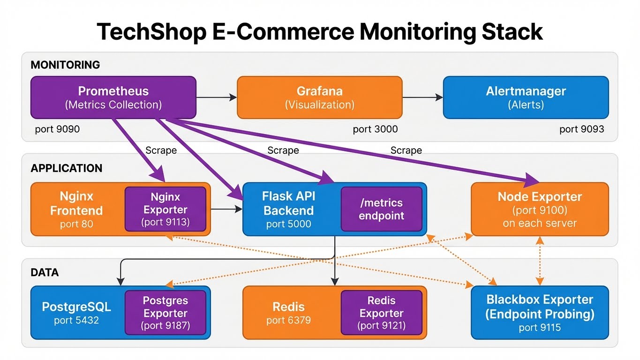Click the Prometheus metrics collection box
coord(113,97)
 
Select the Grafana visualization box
coord(319,97)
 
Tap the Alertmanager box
coord(526,97)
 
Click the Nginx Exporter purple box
coord(165,209)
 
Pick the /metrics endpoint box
coord(381,209)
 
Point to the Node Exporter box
coord(539,209)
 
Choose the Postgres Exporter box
coord(165,313)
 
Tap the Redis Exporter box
coord(381,313)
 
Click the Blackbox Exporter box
coord(539,313)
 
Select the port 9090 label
coord(57,129)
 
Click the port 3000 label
coord(375,129)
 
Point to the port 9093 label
coord(581,129)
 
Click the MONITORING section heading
coord(65,65)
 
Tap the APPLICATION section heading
coord(66,168)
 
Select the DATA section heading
coord(45,272)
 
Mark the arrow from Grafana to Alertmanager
coord(422,97)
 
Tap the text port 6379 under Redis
coord(288,321)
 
